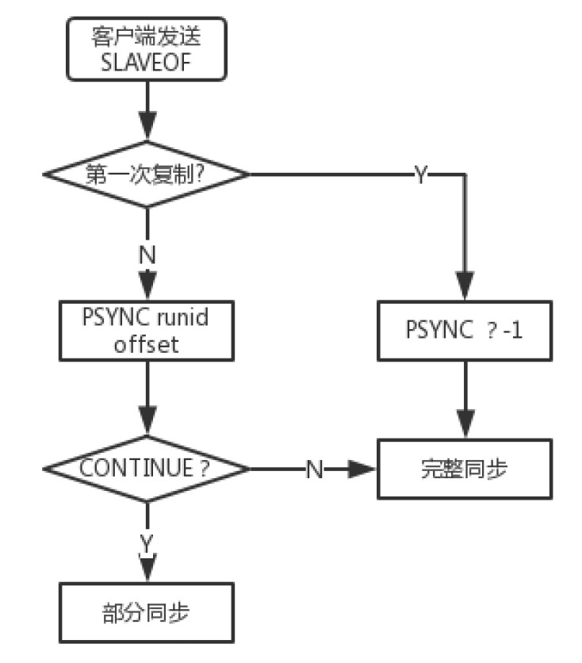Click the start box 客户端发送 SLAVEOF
[147, 48]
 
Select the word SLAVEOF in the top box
[147, 62]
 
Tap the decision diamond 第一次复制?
[147, 174]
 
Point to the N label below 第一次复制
[147, 255]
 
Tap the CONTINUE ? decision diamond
[147, 468]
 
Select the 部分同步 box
[147, 613]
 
